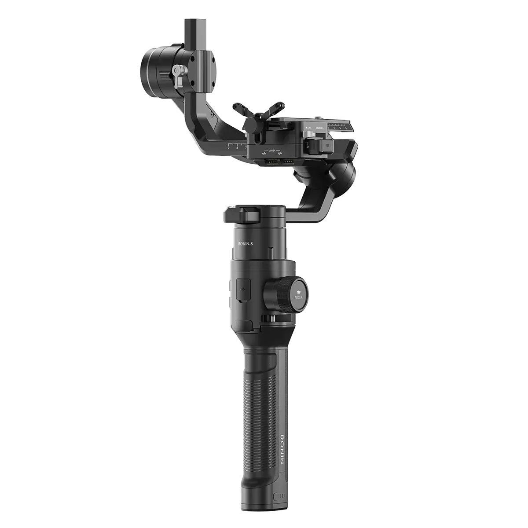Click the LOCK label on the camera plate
point(308,128)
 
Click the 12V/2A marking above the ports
point(269,150)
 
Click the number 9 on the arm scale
point(229,148)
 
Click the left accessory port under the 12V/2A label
point(269,163)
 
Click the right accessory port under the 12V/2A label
point(287,163)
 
